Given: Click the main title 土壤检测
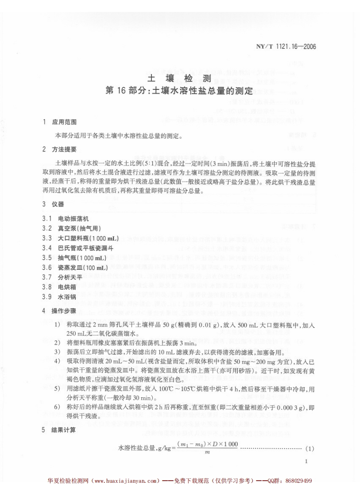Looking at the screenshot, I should click(180, 78).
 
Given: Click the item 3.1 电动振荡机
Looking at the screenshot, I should click(73, 219).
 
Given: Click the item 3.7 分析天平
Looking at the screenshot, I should click(70, 277).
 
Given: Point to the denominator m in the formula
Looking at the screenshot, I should click(207, 452).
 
